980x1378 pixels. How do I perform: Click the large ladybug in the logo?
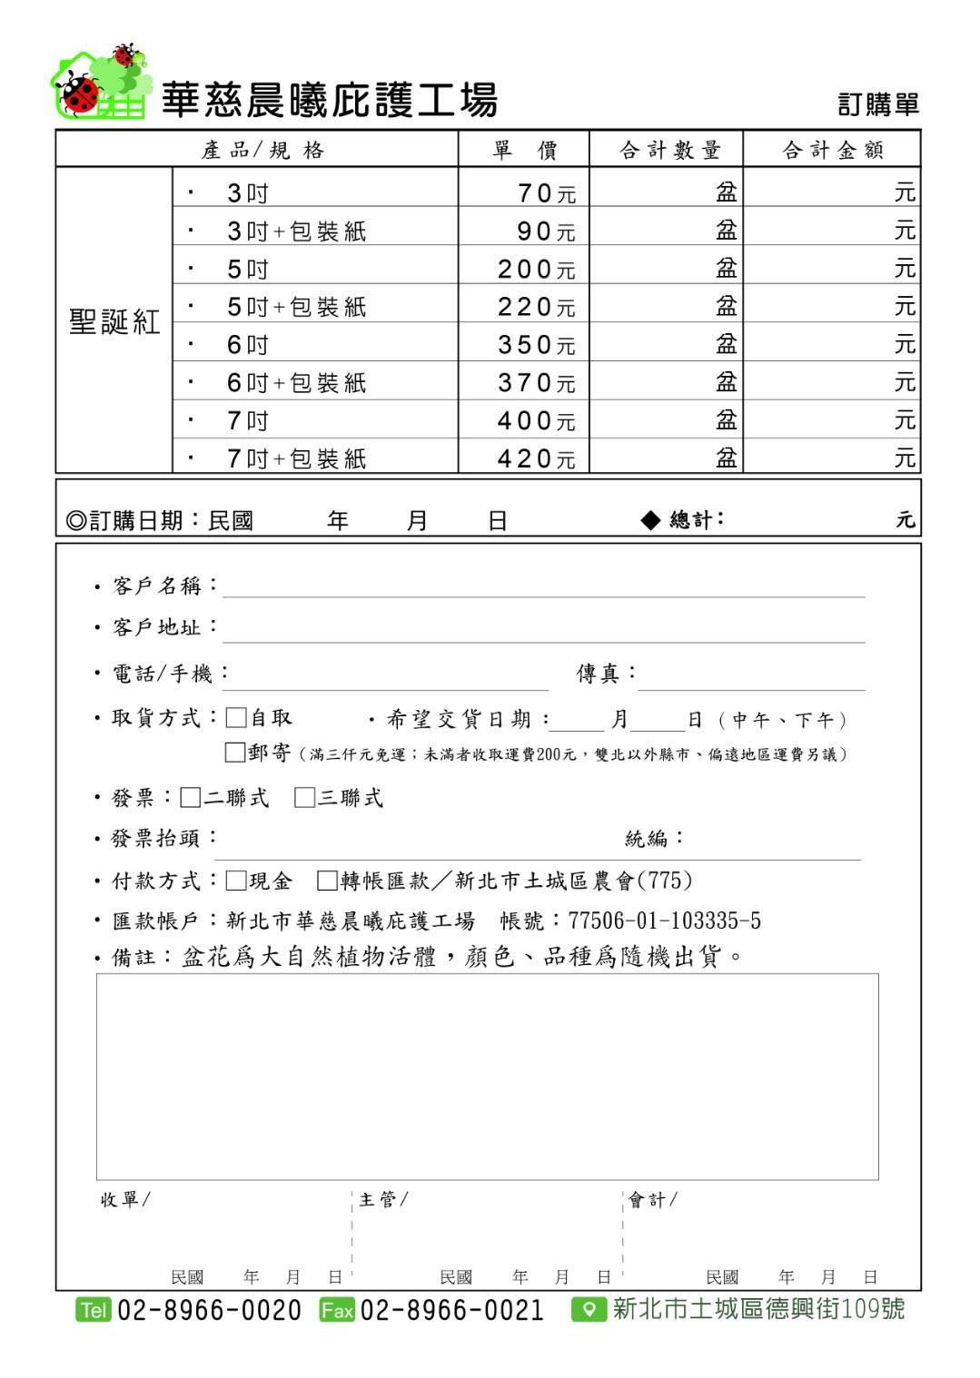(80, 94)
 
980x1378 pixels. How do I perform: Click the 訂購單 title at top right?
(877, 104)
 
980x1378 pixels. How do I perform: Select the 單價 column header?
(524, 150)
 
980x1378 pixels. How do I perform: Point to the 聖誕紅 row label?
(114, 321)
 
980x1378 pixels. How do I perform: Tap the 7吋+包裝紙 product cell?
(296, 458)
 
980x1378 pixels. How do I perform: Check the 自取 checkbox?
(236, 718)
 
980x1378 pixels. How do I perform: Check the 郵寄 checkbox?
(235, 753)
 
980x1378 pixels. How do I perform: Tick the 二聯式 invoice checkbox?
(191, 798)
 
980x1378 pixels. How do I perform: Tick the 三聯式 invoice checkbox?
(305, 798)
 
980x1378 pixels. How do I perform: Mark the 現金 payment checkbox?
(236, 881)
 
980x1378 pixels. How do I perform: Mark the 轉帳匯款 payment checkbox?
(328, 881)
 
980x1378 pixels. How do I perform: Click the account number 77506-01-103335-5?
(664, 921)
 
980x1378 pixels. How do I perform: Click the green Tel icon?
(94, 1310)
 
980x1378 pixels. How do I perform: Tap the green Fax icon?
(337, 1310)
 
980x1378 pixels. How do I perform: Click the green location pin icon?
(589, 1310)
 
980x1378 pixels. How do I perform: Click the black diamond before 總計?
(650, 519)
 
